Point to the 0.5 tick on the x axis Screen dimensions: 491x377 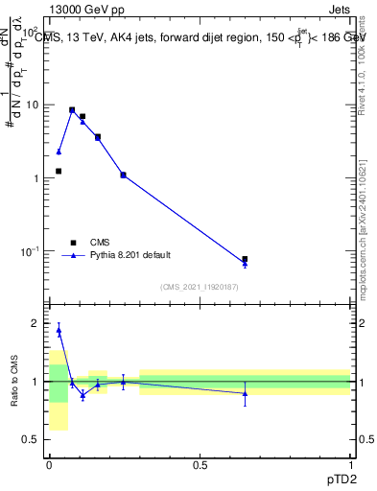coord(200,465)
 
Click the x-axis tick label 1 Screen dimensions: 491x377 coord(350,465)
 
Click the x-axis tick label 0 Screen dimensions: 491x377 coord(49,465)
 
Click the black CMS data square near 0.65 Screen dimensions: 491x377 coord(245,259)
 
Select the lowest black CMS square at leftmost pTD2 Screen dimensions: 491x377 coord(59,171)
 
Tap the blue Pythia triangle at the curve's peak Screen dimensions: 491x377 coord(72,109)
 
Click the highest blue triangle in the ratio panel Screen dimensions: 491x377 coord(59,330)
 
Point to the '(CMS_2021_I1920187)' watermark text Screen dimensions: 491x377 coord(200,287)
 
